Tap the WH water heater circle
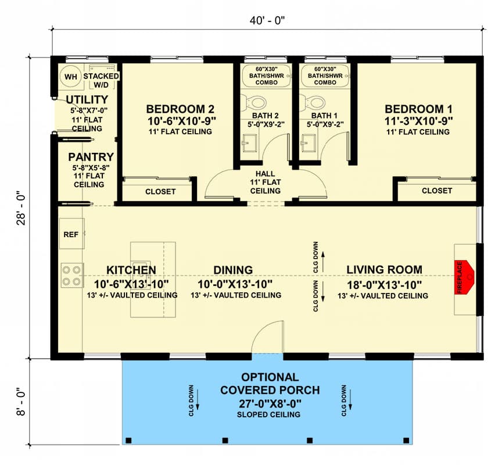click(71, 77)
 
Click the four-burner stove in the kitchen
click(72, 275)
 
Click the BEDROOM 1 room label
click(418, 109)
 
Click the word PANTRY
click(91, 157)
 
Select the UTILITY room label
click(87, 99)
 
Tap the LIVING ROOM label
click(384, 270)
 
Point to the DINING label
click(232, 270)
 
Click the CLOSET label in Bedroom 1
click(436, 191)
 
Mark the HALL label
click(265, 173)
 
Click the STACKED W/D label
click(101, 80)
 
